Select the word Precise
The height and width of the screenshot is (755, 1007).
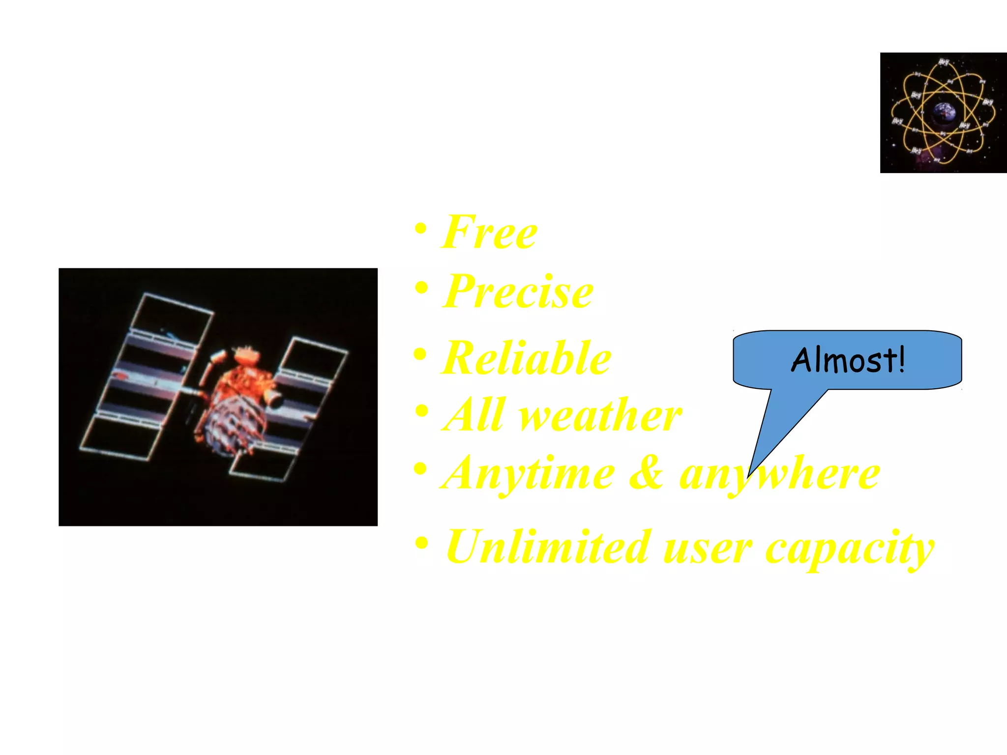pos(518,291)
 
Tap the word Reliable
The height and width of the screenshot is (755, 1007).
pos(526,358)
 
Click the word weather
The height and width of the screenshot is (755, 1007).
pos(600,415)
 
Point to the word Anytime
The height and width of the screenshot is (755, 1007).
pos(528,473)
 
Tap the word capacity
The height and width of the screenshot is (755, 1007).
pos(850,548)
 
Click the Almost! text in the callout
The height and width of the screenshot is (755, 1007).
pos(848,360)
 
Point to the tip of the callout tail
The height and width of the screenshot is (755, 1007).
pos(748,476)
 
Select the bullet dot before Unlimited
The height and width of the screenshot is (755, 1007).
pos(421,543)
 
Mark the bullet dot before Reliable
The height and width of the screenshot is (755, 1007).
pos(420,354)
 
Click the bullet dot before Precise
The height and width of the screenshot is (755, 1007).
pos(421,287)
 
